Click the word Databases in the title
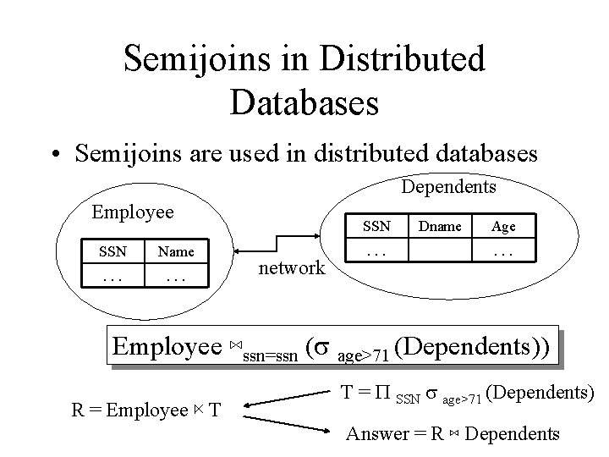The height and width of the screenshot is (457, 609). [304, 101]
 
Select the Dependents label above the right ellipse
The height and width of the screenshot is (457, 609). [448, 185]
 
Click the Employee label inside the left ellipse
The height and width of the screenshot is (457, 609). [132, 212]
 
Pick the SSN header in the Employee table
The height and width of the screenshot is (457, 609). [112, 251]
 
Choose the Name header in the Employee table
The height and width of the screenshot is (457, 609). [176, 251]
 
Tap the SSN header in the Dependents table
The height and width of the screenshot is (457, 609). [376, 226]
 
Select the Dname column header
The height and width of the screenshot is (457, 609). [441, 226]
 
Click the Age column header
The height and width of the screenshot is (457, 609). [503, 226]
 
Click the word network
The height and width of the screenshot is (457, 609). [291, 269]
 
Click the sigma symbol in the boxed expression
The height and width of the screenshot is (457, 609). [322, 347]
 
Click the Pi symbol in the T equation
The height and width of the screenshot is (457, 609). [381, 394]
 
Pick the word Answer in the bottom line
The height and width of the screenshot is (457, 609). [377, 435]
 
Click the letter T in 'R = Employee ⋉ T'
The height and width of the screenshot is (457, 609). [215, 411]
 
